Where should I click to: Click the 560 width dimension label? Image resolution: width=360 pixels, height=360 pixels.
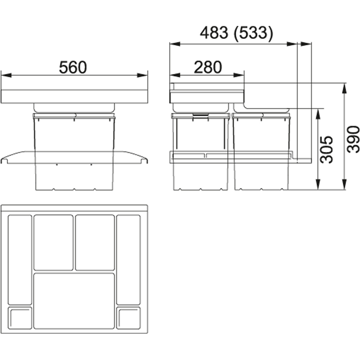click(73, 67)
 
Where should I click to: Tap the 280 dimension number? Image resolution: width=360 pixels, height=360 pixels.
click(208, 67)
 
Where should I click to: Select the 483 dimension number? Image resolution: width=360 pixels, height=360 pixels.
click(214, 33)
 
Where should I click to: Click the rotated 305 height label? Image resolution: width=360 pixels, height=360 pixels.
click(327, 150)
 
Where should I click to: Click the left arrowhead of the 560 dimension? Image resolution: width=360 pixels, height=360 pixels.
click(6, 75)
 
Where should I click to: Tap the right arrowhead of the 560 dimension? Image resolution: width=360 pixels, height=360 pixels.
click(142, 75)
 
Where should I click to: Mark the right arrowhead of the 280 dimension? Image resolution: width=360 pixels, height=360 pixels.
click(239, 75)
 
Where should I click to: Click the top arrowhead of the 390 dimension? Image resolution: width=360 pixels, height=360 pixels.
click(344, 88)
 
